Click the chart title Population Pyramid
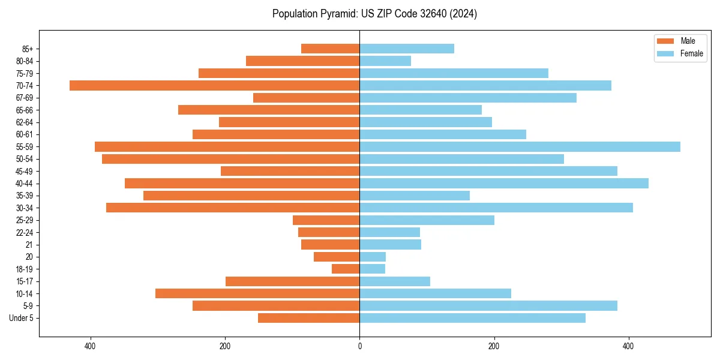pos(374,14)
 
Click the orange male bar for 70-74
pos(214,85)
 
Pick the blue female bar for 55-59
pos(520,146)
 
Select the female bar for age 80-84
pos(385,61)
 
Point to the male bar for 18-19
pos(346,269)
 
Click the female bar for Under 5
pos(472,317)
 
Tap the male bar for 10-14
pos(257,293)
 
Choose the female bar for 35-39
pos(415,196)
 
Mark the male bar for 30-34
pos(233,208)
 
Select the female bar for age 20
pos(373,257)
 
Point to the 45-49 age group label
pos(23,171)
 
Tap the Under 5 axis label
pos(21,317)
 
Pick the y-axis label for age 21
pos(29,244)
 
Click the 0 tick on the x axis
pos(359,346)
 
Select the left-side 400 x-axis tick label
pos(91,346)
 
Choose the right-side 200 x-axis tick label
pos(494,346)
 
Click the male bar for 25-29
pos(326,220)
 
